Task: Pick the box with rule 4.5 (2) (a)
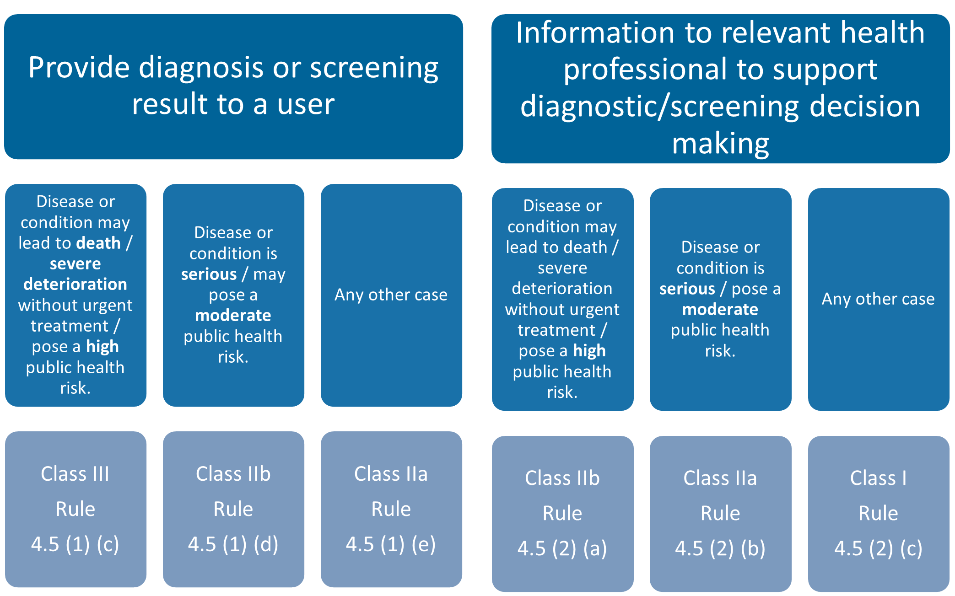[562, 512]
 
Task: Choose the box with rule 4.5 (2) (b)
[720, 512]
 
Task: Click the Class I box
[878, 512]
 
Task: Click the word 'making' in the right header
[720, 144]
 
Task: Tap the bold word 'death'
[98, 243]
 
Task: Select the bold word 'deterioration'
[76, 285]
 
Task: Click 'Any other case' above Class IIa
[391, 295]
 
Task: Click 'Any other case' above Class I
[878, 299]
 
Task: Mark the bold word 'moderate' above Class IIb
[233, 315]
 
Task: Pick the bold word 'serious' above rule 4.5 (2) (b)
[687, 289]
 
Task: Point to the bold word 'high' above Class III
[103, 347]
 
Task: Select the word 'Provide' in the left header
[79, 68]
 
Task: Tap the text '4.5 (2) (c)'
[878, 548]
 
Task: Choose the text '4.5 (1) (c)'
[76, 544]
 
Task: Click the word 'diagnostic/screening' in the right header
[659, 107]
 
